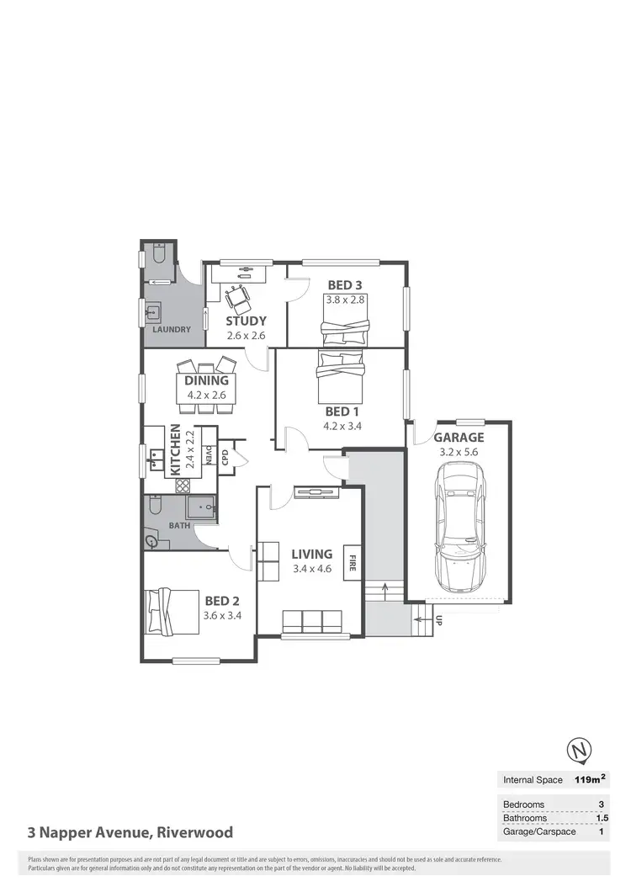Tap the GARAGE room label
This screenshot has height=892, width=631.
459,438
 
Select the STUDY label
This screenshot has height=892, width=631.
247,321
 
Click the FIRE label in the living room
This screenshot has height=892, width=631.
352,562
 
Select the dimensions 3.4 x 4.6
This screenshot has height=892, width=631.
312,570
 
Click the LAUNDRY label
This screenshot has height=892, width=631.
172,330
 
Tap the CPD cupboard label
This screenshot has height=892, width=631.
225,458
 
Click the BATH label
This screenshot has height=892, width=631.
179,526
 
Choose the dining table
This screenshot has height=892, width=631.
207,387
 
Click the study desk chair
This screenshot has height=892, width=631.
236,295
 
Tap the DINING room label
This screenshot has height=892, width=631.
207,380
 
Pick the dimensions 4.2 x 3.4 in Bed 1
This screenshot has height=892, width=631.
344,426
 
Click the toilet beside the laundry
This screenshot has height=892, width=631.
159,253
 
